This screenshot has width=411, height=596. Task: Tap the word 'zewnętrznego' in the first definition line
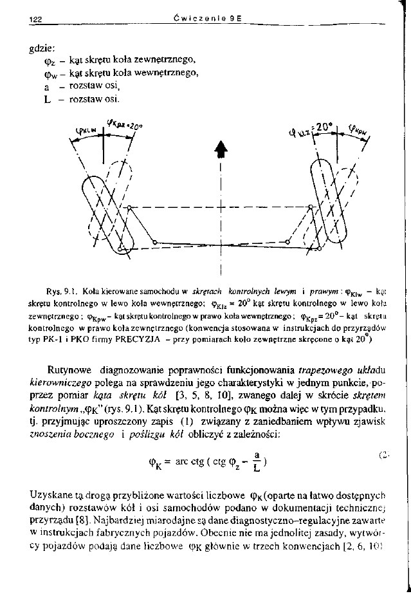tap(167, 60)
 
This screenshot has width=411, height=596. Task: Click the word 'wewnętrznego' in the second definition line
tap(170, 73)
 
